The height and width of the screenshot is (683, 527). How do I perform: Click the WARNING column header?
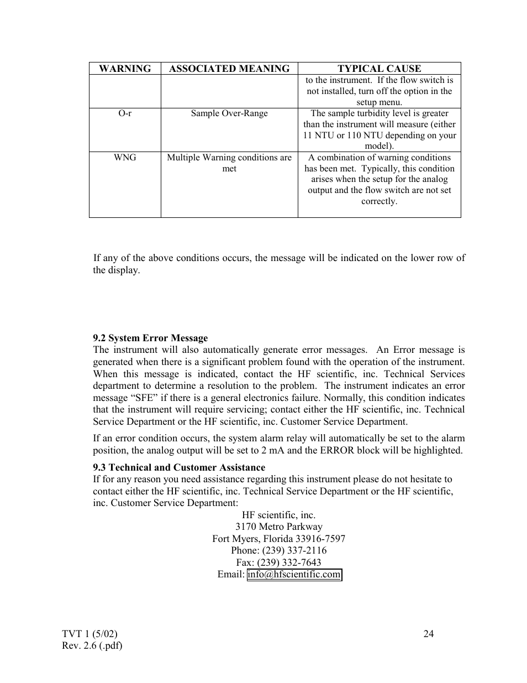(x=125, y=69)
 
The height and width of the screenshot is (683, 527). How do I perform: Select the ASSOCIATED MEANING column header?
(x=229, y=69)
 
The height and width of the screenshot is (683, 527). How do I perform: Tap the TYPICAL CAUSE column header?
(x=379, y=69)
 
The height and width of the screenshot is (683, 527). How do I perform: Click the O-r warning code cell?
(x=125, y=113)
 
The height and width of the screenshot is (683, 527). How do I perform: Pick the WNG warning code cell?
(x=125, y=158)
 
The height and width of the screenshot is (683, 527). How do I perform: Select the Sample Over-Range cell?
(x=229, y=113)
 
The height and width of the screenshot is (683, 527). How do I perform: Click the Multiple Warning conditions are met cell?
(x=229, y=163)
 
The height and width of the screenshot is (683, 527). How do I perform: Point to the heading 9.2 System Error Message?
(x=150, y=338)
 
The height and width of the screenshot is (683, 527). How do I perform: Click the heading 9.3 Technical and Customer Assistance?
(x=179, y=467)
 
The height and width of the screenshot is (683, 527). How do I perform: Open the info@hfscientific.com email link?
(x=294, y=575)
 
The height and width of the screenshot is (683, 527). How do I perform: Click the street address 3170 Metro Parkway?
(x=278, y=527)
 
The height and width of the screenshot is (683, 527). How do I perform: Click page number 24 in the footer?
(x=428, y=634)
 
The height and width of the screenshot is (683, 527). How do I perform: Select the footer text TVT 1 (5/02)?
(x=91, y=634)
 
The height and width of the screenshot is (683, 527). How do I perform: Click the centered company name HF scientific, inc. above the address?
(x=278, y=515)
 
